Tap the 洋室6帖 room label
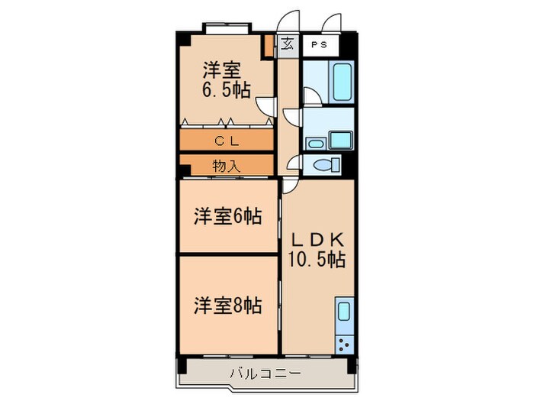[227, 216]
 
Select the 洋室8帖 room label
[227, 306]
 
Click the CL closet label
[227, 141]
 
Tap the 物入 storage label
[226, 163]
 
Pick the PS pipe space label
[319, 44]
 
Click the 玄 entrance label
[287, 44]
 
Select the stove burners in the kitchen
[344, 344]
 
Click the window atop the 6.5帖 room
[226, 28]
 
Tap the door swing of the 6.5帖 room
[265, 105]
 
